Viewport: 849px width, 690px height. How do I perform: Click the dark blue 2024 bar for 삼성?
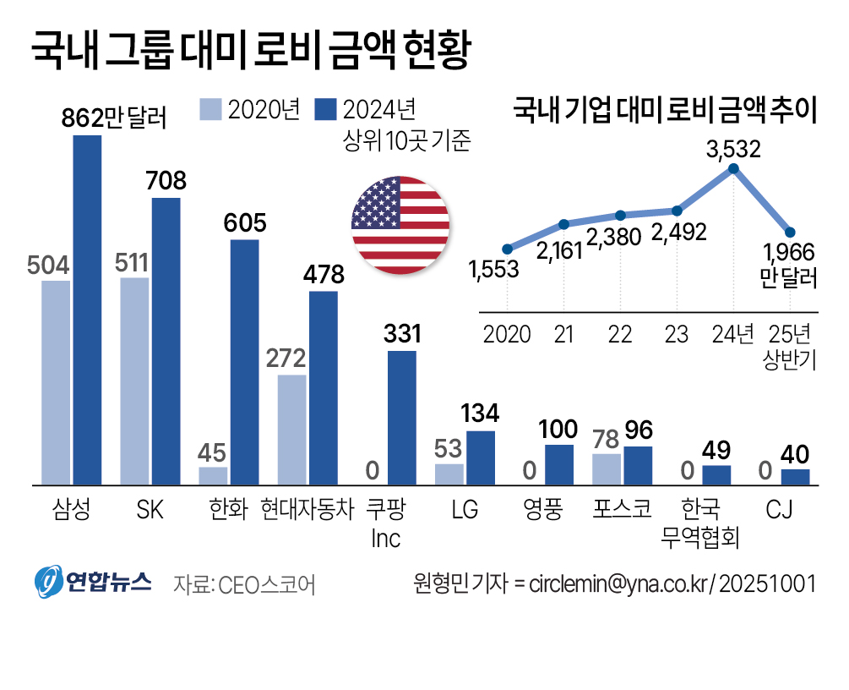[x=87, y=309]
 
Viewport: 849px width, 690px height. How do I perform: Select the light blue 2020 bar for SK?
[x=135, y=381]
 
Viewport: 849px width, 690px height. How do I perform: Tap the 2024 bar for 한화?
[x=245, y=362]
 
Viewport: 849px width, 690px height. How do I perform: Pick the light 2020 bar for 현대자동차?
[x=291, y=430]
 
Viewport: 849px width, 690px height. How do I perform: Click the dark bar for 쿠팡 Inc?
[x=402, y=418]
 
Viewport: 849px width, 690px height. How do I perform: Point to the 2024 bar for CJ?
[x=795, y=477]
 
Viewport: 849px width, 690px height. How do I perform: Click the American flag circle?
[x=400, y=225]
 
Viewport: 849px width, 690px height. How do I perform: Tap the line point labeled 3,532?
[x=733, y=169]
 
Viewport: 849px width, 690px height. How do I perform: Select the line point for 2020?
[x=507, y=249]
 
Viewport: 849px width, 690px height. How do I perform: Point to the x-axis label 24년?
[x=733, y=335]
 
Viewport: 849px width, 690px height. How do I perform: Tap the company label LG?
[x=465, y=510]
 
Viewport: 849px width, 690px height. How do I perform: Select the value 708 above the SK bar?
[x=166, y=181]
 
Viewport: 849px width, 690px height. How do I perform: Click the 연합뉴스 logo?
[x=93, y=582]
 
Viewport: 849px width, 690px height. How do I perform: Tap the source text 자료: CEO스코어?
[x=243, y=584]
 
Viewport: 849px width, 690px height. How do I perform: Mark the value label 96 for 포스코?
[x=639, y=430]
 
